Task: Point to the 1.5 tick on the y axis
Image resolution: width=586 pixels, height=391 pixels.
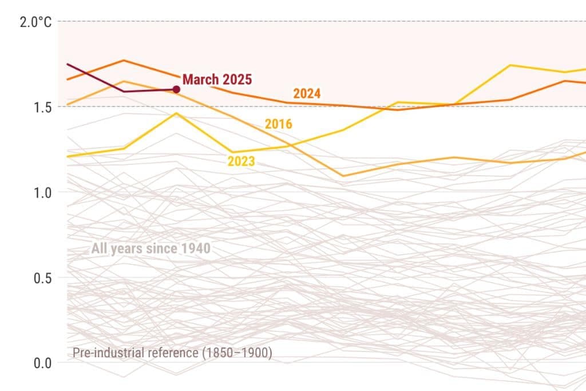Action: click(39, 107)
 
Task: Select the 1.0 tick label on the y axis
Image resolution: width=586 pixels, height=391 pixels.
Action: click(39, 192)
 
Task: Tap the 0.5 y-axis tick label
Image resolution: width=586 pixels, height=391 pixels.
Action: click(39, 278)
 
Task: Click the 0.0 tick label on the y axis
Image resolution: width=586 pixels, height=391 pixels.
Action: click(39, 363)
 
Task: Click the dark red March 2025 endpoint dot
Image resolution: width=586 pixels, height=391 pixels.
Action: click(176, 89)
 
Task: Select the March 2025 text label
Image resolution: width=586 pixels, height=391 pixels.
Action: click(217, 80)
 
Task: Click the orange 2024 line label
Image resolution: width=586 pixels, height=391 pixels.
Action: click(307, 94)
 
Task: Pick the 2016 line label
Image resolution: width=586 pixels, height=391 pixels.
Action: click(278, 124)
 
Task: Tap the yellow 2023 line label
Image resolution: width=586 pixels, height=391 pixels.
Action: click(241, 161)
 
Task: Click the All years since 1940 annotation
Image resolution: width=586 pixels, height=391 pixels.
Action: click(151, 249)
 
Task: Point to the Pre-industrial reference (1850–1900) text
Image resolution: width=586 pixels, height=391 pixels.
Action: click(172, 353)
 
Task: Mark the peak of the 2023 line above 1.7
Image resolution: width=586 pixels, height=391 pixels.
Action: click(510, 65)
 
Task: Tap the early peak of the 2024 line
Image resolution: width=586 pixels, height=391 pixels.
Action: click(124, 60)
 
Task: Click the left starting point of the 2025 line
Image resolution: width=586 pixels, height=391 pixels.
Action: click(68, 64)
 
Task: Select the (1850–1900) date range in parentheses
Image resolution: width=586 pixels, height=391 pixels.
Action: click(235, 353)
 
